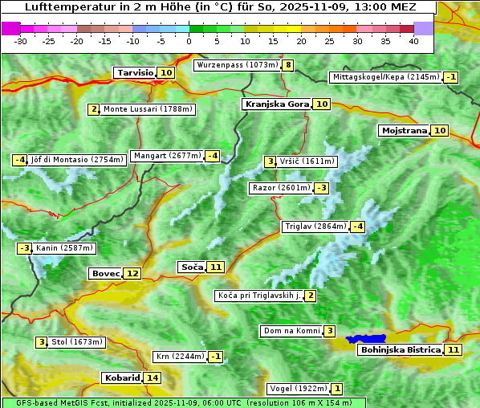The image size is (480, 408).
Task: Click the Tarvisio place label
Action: (135, 72)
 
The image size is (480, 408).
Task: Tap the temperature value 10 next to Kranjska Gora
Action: (321, 104)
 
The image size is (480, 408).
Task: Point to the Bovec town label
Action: (105, 273)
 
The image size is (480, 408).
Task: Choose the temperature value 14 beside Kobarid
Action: (152, 377)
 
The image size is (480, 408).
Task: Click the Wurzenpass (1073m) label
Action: (237, 65)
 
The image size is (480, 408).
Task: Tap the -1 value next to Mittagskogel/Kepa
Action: (452, 77)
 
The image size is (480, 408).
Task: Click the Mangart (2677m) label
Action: (166, 156)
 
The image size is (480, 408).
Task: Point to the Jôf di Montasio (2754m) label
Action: (78, 160)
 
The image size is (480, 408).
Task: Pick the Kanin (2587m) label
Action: (64, 248)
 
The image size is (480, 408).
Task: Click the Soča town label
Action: (192, 267)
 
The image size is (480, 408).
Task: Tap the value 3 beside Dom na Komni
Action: (330, 331)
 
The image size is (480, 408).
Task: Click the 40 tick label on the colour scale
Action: (413, 41)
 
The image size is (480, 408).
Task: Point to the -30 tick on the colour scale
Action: (21, 41)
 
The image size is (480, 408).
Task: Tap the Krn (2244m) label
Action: (179, 356)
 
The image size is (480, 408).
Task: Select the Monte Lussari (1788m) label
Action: (148, 109)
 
